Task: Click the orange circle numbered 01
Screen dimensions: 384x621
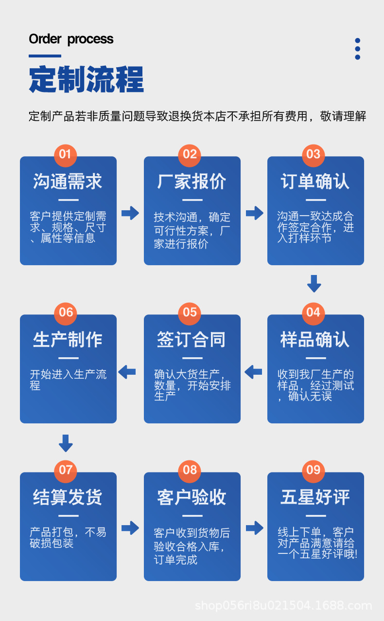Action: [65, 155]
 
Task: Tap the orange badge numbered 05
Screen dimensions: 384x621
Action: [190, 312]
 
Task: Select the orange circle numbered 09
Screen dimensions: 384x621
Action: [314, 470]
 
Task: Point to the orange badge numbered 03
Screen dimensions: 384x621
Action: [314, 155]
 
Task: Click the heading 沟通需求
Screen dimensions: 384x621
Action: [68, 182]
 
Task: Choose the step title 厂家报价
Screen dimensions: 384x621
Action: [192, 182]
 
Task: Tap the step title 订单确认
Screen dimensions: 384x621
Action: [315, 182]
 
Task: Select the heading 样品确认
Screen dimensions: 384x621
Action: [315, 339]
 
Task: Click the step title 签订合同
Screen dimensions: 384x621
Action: [192, 339]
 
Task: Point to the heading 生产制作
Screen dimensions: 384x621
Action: [68, 339]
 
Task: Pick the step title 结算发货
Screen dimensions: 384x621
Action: [68, 497]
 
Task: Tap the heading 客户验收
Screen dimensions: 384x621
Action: [192, 497]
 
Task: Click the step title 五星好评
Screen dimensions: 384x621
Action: [315, 497]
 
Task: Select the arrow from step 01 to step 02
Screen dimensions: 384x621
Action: [130, 213]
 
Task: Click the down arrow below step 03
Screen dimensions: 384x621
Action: [314, 283]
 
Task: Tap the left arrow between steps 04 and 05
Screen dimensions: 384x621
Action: [253, 372]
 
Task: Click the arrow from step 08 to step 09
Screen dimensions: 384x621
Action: [254, 528]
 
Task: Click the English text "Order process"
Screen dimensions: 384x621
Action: [71, 39]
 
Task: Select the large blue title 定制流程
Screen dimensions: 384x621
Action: [87, 79]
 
